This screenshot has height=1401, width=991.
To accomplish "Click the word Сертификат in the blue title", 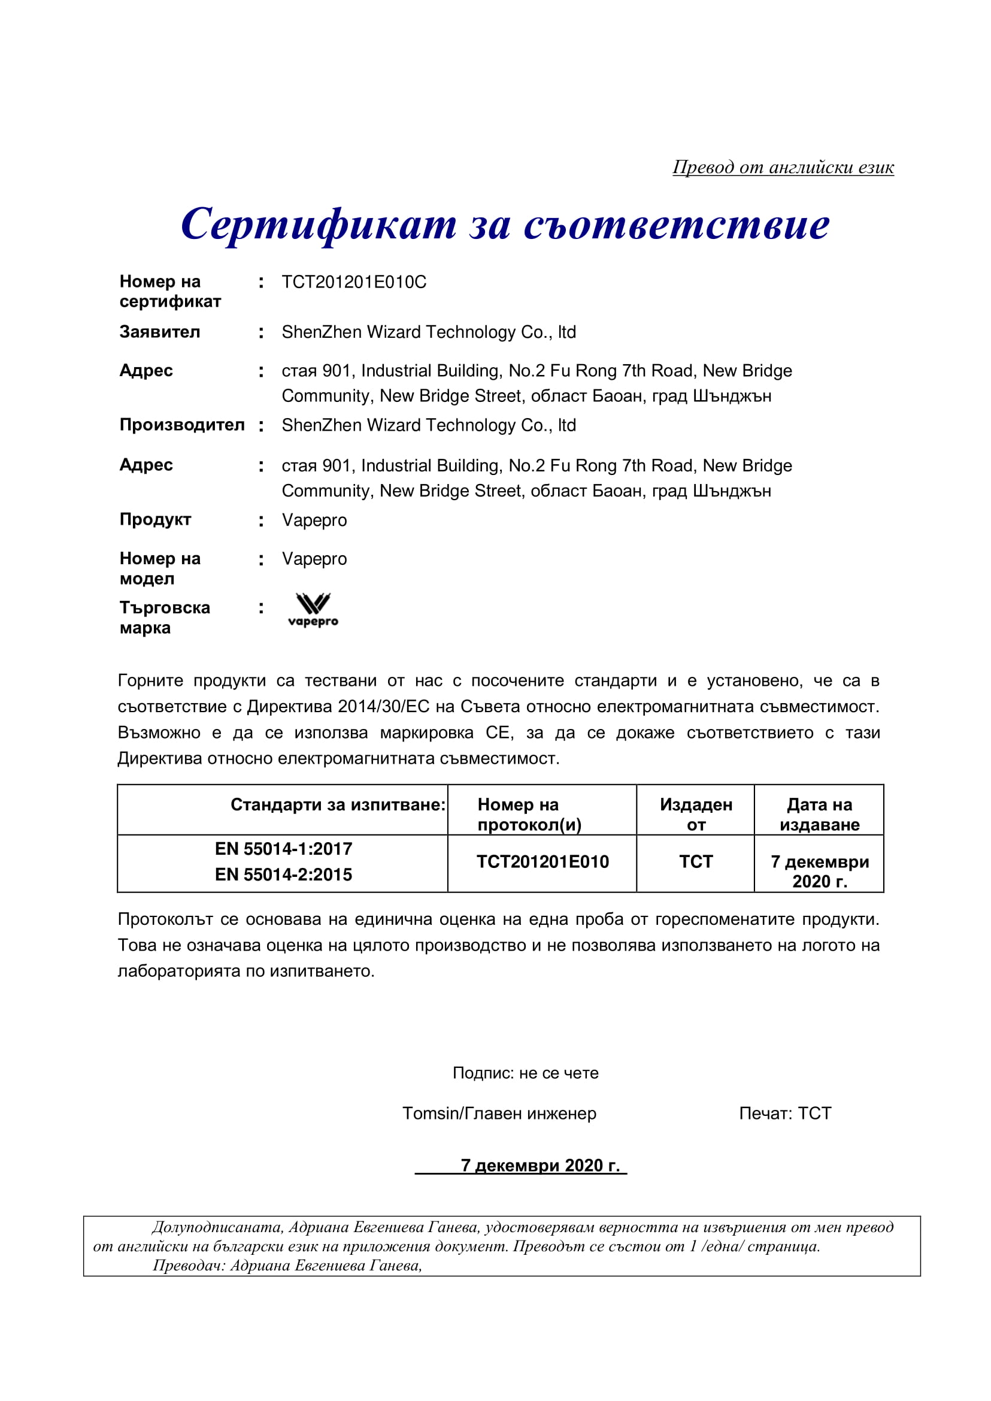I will coord(318,224).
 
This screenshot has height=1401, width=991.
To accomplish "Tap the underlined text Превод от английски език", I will coord(783,167).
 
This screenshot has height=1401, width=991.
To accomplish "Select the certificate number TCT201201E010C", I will coord(353,282).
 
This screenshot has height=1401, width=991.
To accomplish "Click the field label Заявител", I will coord(159,332).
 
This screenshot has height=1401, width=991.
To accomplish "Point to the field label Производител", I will coord(182,425).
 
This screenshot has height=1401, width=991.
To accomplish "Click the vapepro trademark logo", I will coord(313,610).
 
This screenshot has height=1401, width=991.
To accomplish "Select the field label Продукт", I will coord(155,519).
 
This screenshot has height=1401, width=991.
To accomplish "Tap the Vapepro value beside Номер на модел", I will coord(314,559).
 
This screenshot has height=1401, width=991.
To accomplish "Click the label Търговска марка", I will coord(164,617).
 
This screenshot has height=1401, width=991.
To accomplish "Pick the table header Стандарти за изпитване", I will coord(338,804).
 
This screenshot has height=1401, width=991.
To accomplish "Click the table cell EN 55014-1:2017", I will coord(283,849).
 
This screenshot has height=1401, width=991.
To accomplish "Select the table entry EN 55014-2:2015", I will coord(283,874).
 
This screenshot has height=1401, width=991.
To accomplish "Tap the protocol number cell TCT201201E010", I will coord(542,861).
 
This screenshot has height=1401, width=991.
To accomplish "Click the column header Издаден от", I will coord(696,815).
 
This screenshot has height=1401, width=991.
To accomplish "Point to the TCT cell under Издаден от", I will coord(696,861).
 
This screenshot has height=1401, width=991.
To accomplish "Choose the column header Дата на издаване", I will coord(819,815).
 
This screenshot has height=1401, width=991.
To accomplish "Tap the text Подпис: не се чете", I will coord(525,1073).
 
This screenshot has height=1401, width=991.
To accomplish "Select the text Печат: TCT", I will coord(785,1113).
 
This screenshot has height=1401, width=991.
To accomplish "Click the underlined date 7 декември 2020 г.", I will coord(540,1166).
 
